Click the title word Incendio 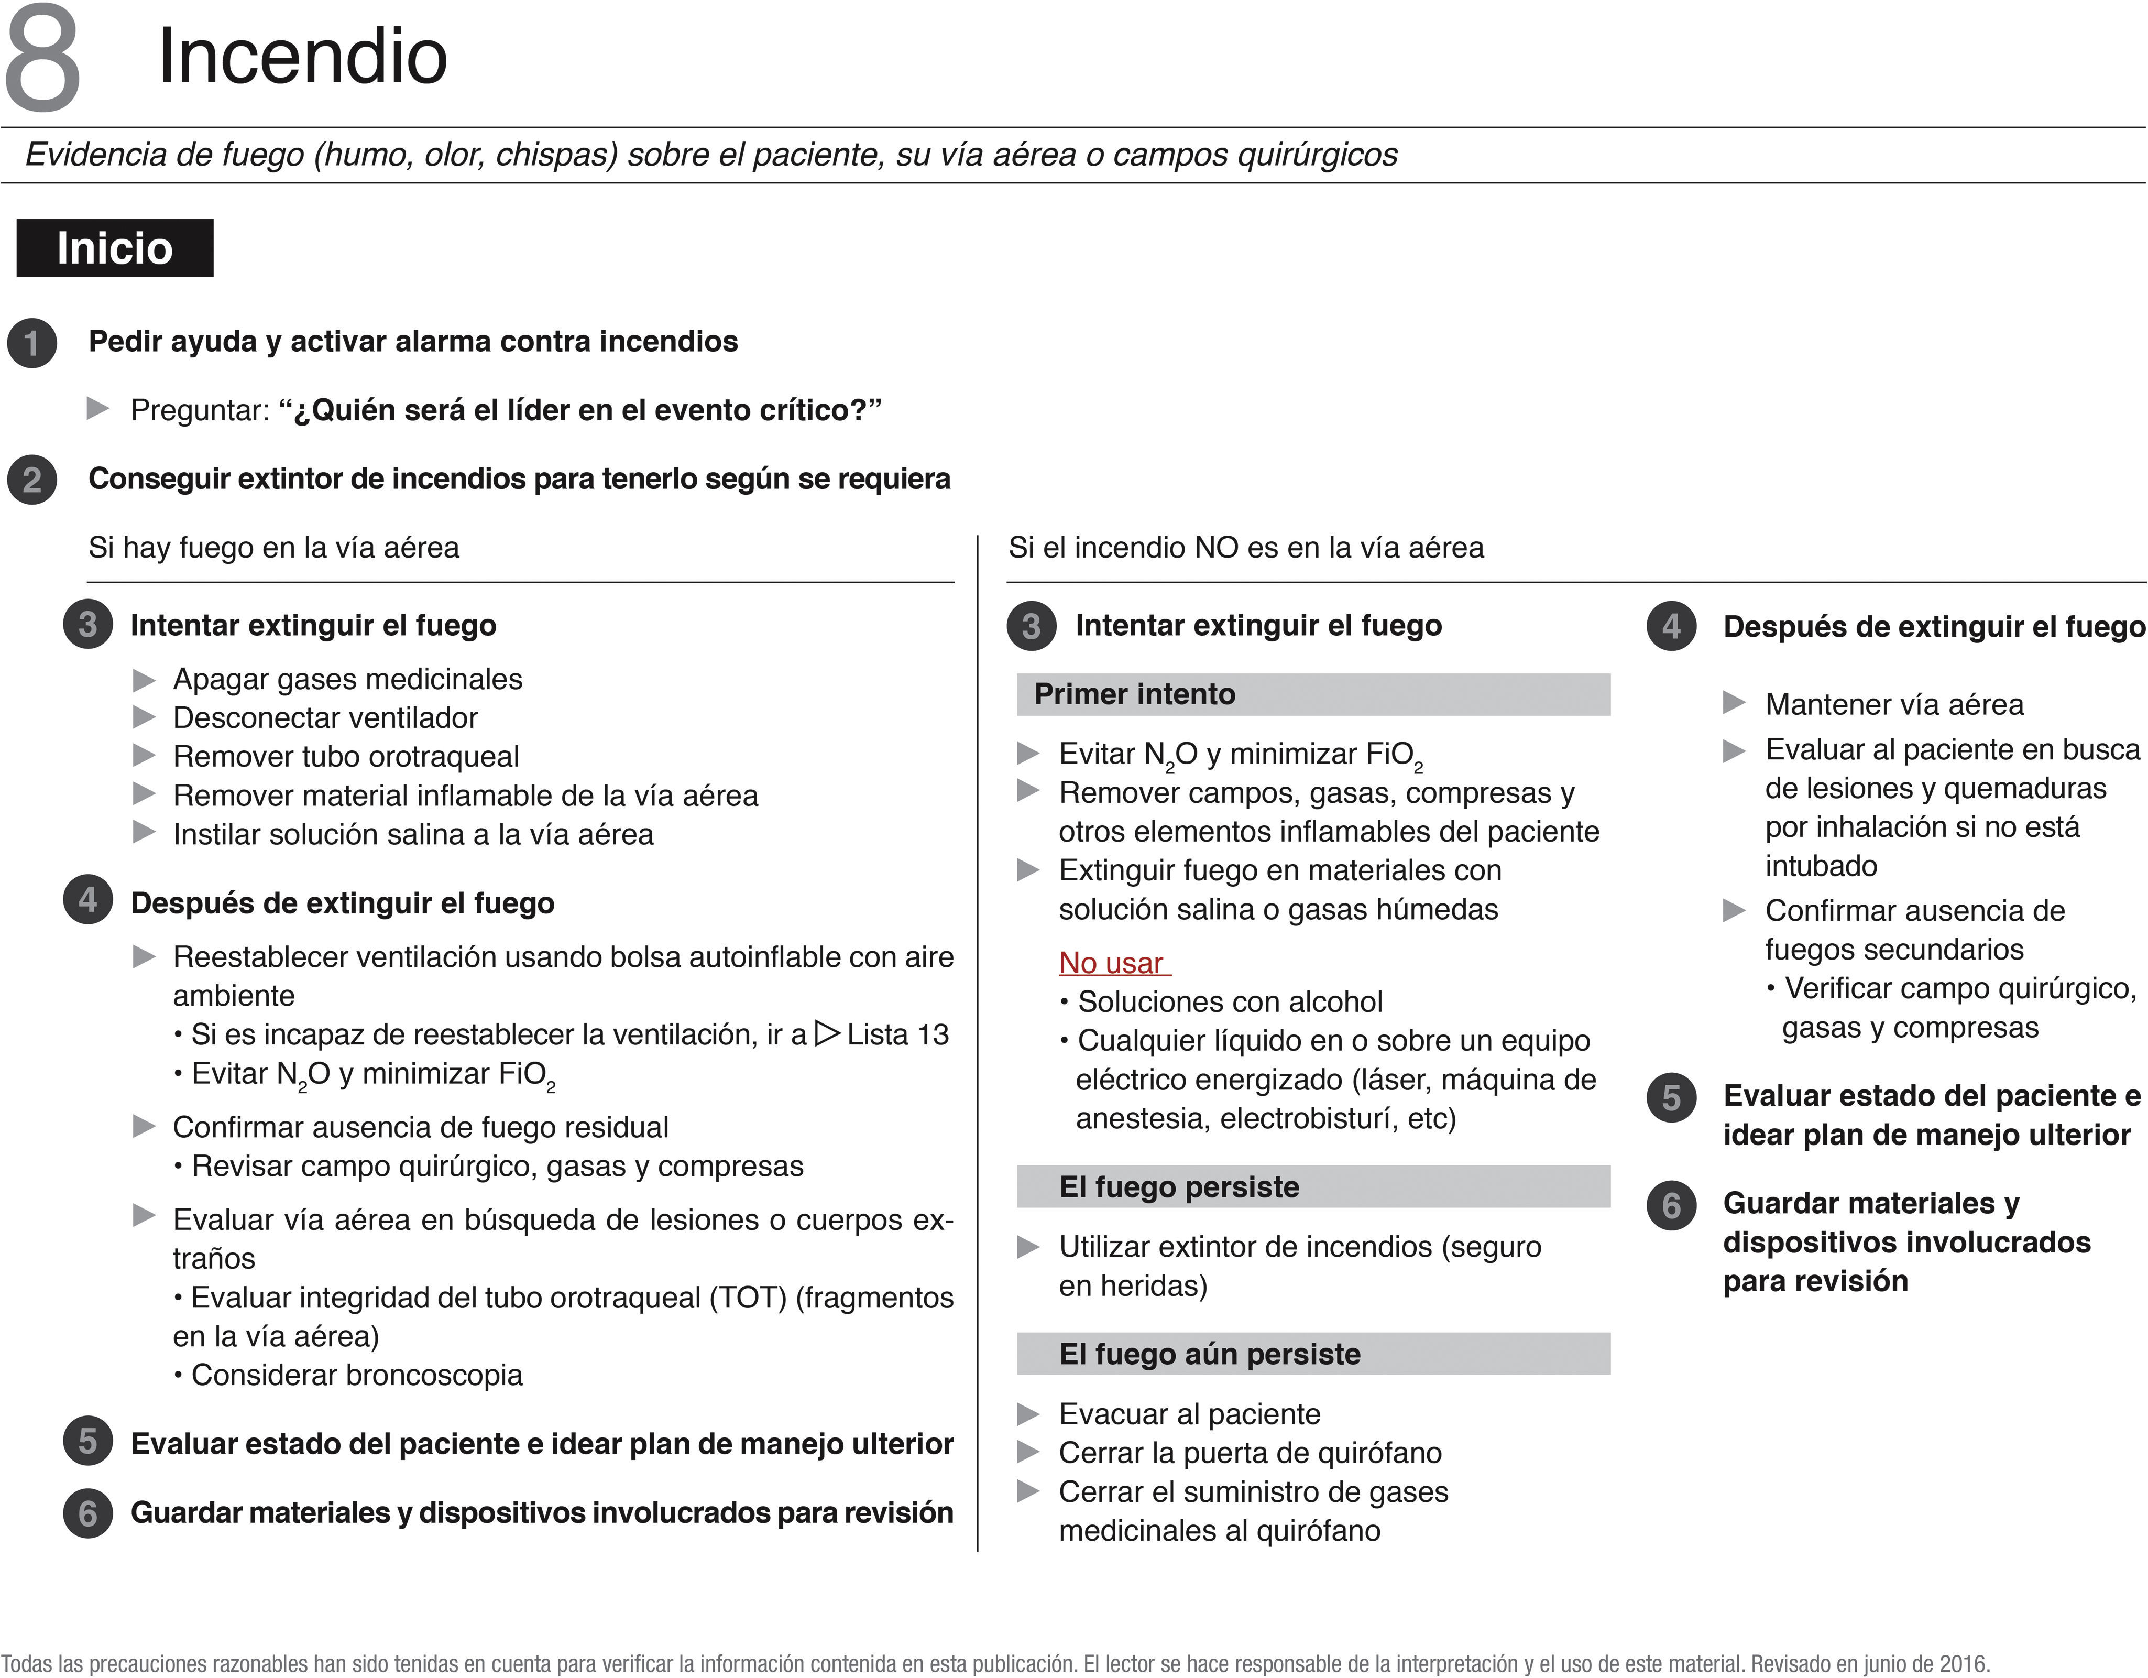coord(302,56)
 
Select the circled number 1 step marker coord(32,343)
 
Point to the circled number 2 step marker coord(32,480)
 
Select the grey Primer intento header coord(1313,694)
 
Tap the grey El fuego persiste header coord(1313,1187)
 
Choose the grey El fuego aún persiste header coord(1313,1354)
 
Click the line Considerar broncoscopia coord(356,1375)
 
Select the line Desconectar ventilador coord(325,718)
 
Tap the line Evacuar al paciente coord(1189,1414)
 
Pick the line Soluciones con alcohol coord(1230,1003)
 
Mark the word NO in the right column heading coord(1215,548)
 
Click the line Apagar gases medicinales coord(347,680)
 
